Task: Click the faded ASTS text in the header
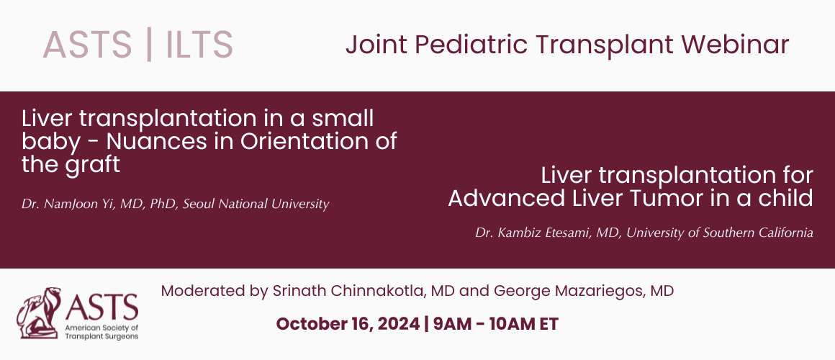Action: point(87,44)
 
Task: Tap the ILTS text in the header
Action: point(199,44)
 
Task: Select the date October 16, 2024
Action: point(348,324)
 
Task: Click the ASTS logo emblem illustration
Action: point(39,313)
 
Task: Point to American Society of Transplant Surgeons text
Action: point(101,333)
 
